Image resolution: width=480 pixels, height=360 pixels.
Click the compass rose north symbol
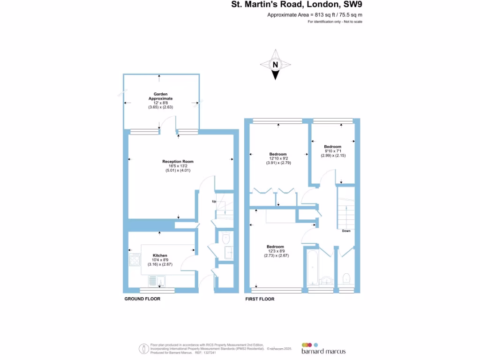[276, 65]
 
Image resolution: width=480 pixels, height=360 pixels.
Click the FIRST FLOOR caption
[260, 299]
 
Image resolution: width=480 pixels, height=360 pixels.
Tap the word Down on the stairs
[346, 231]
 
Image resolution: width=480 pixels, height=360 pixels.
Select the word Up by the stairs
[214, 202]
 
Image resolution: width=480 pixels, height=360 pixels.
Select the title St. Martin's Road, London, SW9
[297, 5]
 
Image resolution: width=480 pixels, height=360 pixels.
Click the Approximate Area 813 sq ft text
[315, 15]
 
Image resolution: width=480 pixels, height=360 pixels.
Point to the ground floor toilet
[226, 238]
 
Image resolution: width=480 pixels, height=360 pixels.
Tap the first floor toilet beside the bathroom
[346, 278]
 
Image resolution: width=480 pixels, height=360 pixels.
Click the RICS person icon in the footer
[143, 349]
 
